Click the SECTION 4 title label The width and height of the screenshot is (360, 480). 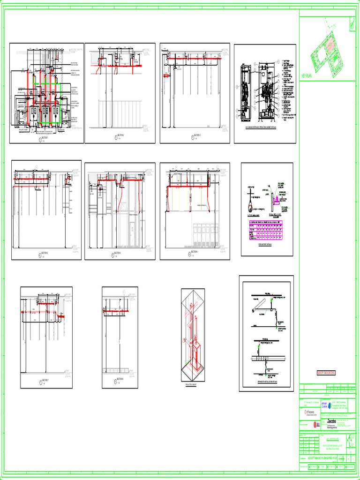click(x=45, y=253)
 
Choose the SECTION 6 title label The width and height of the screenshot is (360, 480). click(x=194, y=253)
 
